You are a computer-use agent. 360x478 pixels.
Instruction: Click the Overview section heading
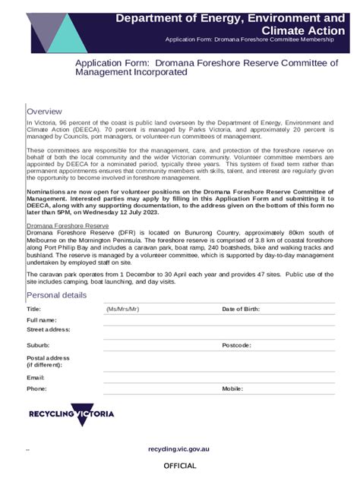pyautogui.click(x=44, y=112)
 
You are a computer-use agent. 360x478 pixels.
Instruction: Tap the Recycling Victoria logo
pyautogui.click(x=71, y=414)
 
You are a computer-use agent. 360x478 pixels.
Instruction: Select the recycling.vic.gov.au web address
pyautogui.click(x=179, y=448)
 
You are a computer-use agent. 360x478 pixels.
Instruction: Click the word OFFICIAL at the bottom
pyautogui.click(x=180, y=466)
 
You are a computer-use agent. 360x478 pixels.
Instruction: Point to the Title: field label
pyautogui.click(x=34, y=310)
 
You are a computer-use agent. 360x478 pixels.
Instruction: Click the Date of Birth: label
pyautogui.click(x=241, y=310)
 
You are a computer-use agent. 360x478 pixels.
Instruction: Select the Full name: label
pyautogui.click(x=42, y=320)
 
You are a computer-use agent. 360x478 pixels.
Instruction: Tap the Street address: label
pyautogui.click(x=49, y=330)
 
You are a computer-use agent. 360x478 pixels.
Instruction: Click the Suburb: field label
pyautogui.click(x=38, y=345)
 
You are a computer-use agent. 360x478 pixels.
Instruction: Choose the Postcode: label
pyautogui.click(x=236, y=345)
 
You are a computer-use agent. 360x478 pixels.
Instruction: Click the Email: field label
pyautogui.click(x=36, y=377)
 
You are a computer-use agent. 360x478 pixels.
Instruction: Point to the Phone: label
pyautogui.click(x=36, y=388)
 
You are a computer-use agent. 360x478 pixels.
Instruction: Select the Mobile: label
pyautogui.click(x=232, y=388)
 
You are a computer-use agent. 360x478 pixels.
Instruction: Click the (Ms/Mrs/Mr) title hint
pyautogui.click(x=123, y=310)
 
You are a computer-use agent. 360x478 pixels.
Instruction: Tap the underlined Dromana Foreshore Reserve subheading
pyautogui.click(x=68, y=226)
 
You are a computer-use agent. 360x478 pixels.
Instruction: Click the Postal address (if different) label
pyautogui.click(x=48, y=361)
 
